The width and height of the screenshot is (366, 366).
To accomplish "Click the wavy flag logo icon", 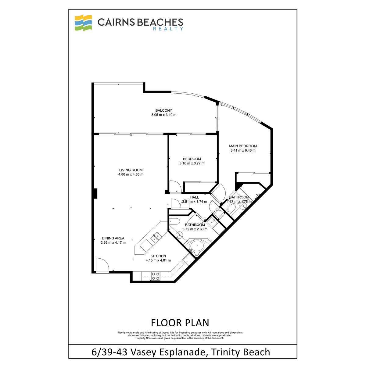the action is [83, 23].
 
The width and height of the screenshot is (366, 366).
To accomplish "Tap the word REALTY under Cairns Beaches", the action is [168, 29].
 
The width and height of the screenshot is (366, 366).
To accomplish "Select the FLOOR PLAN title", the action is [180, 323].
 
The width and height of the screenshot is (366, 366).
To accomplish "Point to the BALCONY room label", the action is [163, 110].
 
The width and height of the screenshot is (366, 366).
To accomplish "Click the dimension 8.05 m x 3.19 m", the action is [163, 115].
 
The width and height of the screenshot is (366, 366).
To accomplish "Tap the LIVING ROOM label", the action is [131, 170].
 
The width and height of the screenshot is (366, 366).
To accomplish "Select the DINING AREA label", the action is [113, 238].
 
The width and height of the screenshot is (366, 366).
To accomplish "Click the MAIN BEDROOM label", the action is [243, 146].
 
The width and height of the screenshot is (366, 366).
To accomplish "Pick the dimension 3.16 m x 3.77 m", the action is [192, 163].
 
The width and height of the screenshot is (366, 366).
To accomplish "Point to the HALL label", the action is [194, 197].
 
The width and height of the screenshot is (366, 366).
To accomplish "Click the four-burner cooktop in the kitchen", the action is [155, 276].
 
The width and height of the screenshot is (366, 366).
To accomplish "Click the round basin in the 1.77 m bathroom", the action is [243, 206].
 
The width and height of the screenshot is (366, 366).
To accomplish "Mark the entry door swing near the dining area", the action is [102, 265].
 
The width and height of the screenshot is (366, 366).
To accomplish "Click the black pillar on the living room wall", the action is [95, 194].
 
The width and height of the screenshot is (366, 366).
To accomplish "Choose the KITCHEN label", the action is [158, 256].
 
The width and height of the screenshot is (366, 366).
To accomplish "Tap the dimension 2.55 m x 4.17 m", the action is [113, 242].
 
